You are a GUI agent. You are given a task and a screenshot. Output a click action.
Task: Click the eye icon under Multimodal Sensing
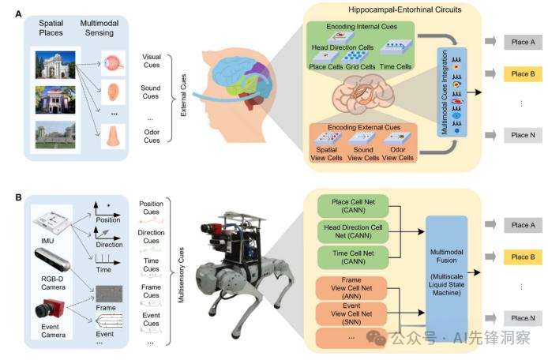point(113,63)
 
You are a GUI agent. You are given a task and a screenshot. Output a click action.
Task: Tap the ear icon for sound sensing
point(113,92)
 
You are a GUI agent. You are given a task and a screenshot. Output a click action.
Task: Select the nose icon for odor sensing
point(113,137)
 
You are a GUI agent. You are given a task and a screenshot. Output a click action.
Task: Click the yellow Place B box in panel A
point(523,73)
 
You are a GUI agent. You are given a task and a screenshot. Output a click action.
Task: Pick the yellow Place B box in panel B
point(523,257)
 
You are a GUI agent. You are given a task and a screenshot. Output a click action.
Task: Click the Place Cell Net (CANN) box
point(353,206)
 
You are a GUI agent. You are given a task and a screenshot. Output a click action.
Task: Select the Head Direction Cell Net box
point(353,231)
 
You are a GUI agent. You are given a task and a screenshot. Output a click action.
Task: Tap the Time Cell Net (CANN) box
point(353,257)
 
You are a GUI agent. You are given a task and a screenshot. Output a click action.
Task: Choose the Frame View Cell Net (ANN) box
point(351,288)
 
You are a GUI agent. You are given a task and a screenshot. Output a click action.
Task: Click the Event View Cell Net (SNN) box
point(351,314)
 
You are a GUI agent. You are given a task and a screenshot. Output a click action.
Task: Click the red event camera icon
point(49,309)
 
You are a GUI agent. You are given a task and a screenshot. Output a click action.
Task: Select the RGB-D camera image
point(52,259)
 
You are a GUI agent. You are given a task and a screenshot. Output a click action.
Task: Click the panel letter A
point(18,14)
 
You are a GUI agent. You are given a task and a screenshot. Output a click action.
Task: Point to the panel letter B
point(18,197)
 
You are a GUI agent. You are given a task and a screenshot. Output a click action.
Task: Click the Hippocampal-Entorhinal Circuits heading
point(405,9)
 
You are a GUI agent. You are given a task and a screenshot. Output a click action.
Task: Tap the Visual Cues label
point(152,61)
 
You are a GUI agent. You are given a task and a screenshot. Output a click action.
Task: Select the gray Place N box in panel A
point(523,135)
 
